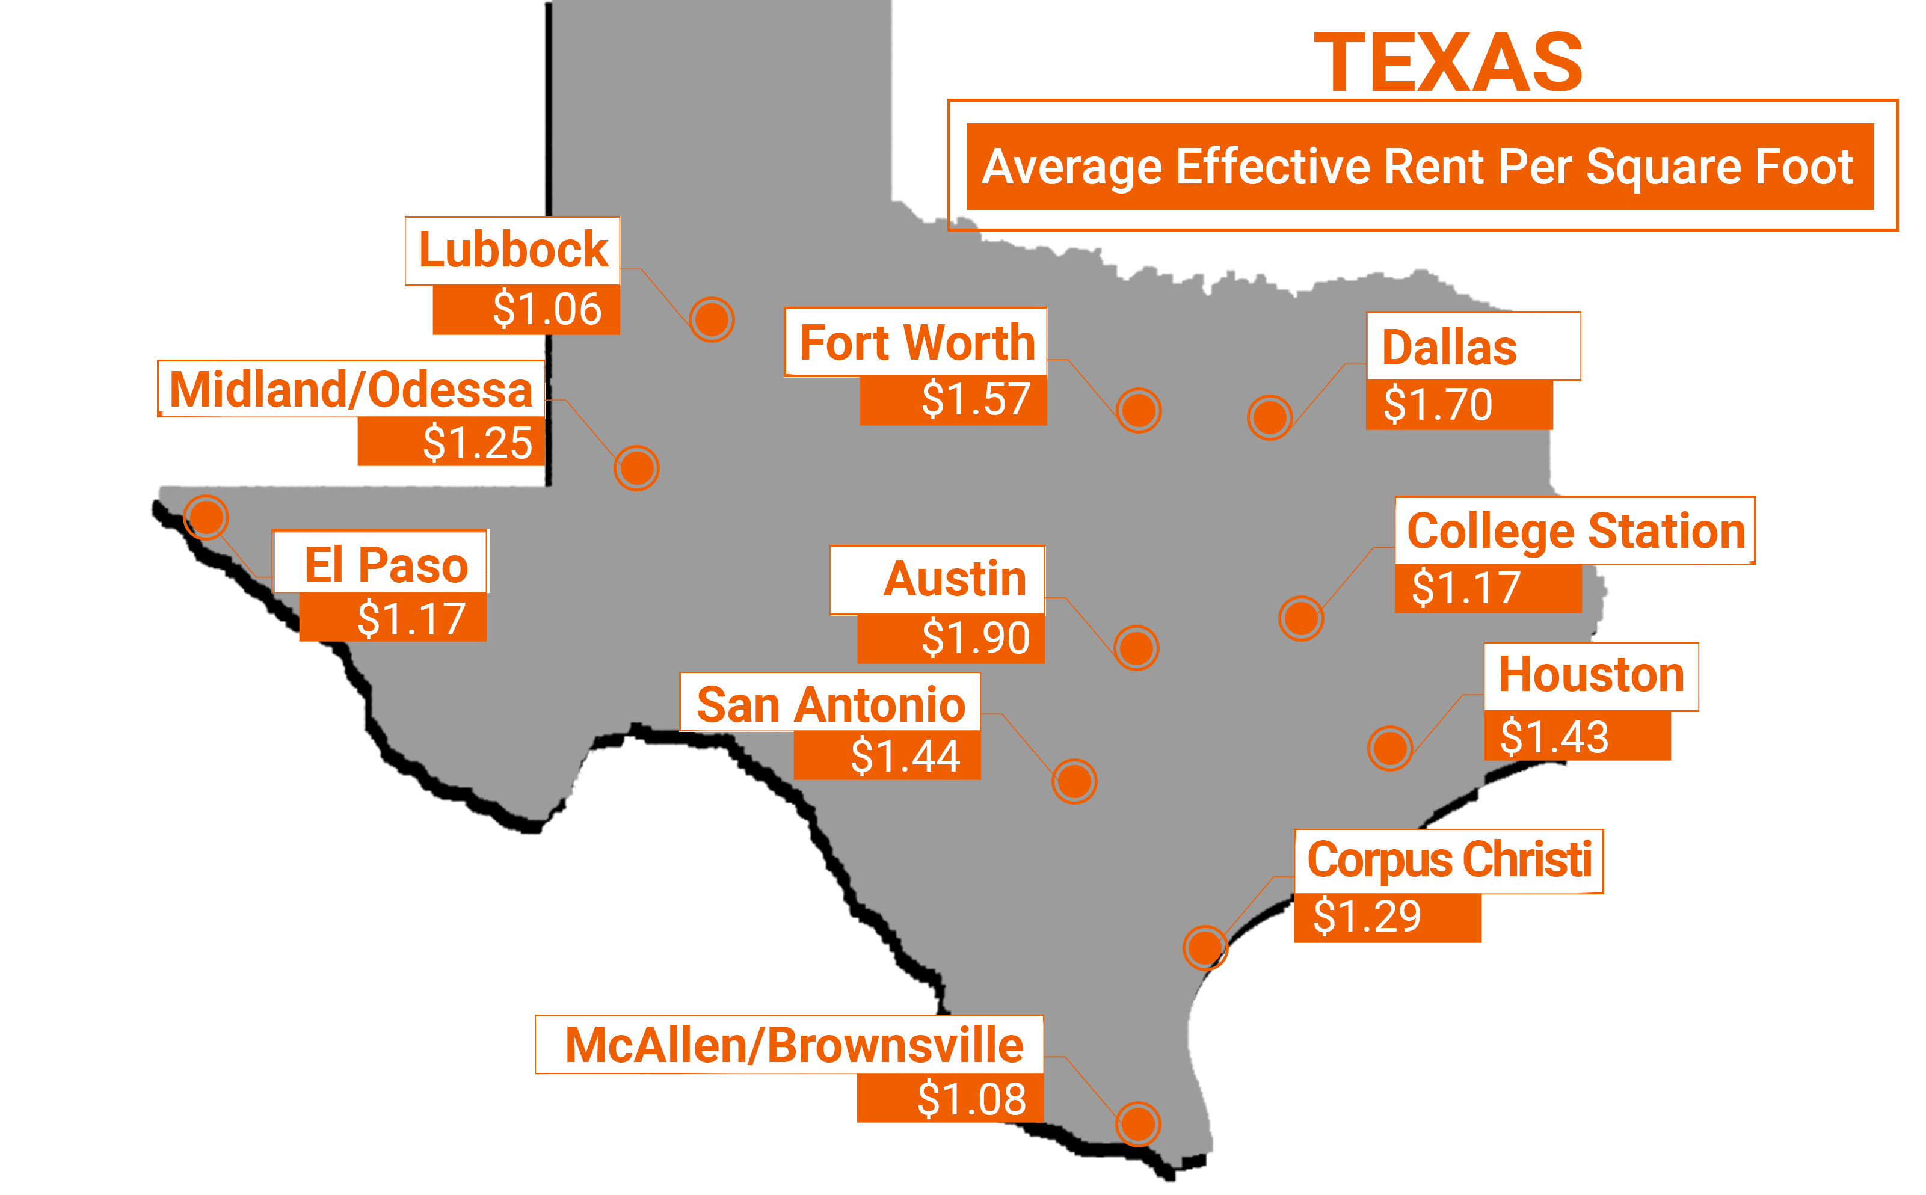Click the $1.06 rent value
(547, 309)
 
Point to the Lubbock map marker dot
(712, 319)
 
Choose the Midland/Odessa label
(351, 389)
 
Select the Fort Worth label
(916, 342)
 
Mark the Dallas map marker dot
(1269, 417)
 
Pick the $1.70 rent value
(1437, 405)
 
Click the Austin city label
(954, 579)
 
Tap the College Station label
(1575, 530)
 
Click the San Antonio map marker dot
(1074, 782)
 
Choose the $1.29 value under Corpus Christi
(1367, 917)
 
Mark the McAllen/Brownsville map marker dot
(1138, 1123)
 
